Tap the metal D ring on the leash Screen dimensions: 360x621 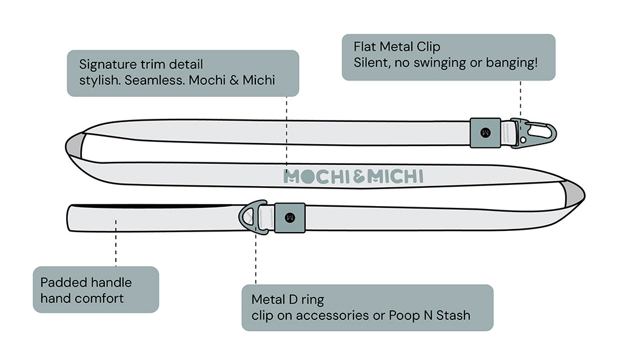[252, 216]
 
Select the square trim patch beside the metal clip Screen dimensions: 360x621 [485, 133]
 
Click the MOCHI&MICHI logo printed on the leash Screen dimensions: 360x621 [353, 176]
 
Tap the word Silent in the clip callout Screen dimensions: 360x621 [372, 62]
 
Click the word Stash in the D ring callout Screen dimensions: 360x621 [452, 315]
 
